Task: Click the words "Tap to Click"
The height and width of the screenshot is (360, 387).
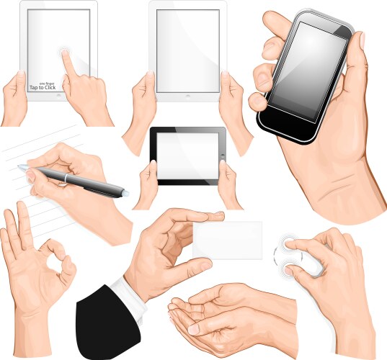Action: [x=43, y=88]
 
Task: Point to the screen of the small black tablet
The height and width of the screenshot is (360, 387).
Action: [x=187, y=155]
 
